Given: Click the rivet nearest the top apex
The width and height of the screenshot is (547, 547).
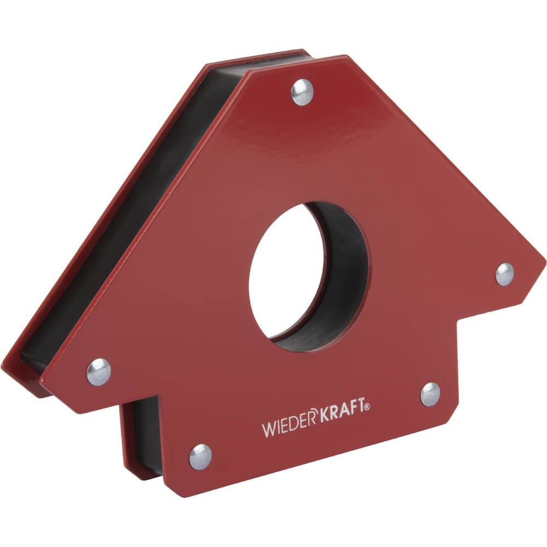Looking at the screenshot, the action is [x=302, y=92].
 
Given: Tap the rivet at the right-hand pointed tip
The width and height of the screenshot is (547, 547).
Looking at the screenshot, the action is [x=504, y=274].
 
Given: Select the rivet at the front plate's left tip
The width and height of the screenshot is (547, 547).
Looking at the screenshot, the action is [x=98, y=372].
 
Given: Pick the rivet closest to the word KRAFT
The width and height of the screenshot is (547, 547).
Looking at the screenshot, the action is [x=430, y=394].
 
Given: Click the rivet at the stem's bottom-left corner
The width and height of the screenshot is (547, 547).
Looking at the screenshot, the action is [x=200, y=457].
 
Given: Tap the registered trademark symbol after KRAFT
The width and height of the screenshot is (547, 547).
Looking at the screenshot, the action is [x=368, y=407].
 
